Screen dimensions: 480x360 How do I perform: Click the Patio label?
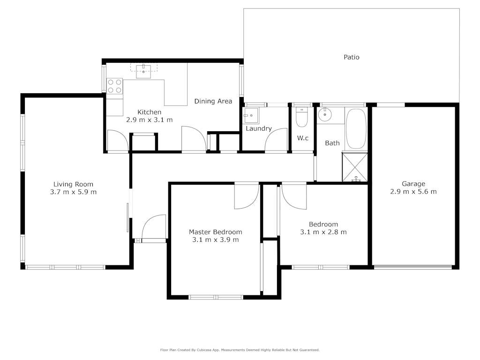[x=352, y=57]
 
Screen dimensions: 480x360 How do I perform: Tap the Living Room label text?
[x=73, y=184]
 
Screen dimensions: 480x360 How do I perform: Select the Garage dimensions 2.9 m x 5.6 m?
[x=413, y=192]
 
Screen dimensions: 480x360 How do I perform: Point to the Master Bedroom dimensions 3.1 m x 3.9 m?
[x=216, y=240]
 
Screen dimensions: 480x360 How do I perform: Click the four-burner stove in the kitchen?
[x=114, y=86]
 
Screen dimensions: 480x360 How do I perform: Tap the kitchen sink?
[x=143, y=71]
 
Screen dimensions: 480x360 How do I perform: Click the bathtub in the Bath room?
[x=356, y=128]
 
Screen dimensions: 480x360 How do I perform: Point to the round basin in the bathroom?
[x=324, y=115]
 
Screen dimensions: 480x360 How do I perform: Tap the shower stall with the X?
[x=355, y=167]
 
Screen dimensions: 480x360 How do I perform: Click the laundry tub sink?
[x=251, y=115]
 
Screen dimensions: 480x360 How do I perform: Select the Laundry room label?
[x=259, y=128]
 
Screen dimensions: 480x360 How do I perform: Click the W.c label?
[x=303, y=138]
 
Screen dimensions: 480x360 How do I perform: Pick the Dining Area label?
[x=213, y=101]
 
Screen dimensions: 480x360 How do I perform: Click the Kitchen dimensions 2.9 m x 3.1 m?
[x=150, y=120]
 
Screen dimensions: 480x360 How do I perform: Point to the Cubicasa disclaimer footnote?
[x=240, y=350]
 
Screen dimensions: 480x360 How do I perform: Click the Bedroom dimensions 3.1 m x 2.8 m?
[x=323, y=232]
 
